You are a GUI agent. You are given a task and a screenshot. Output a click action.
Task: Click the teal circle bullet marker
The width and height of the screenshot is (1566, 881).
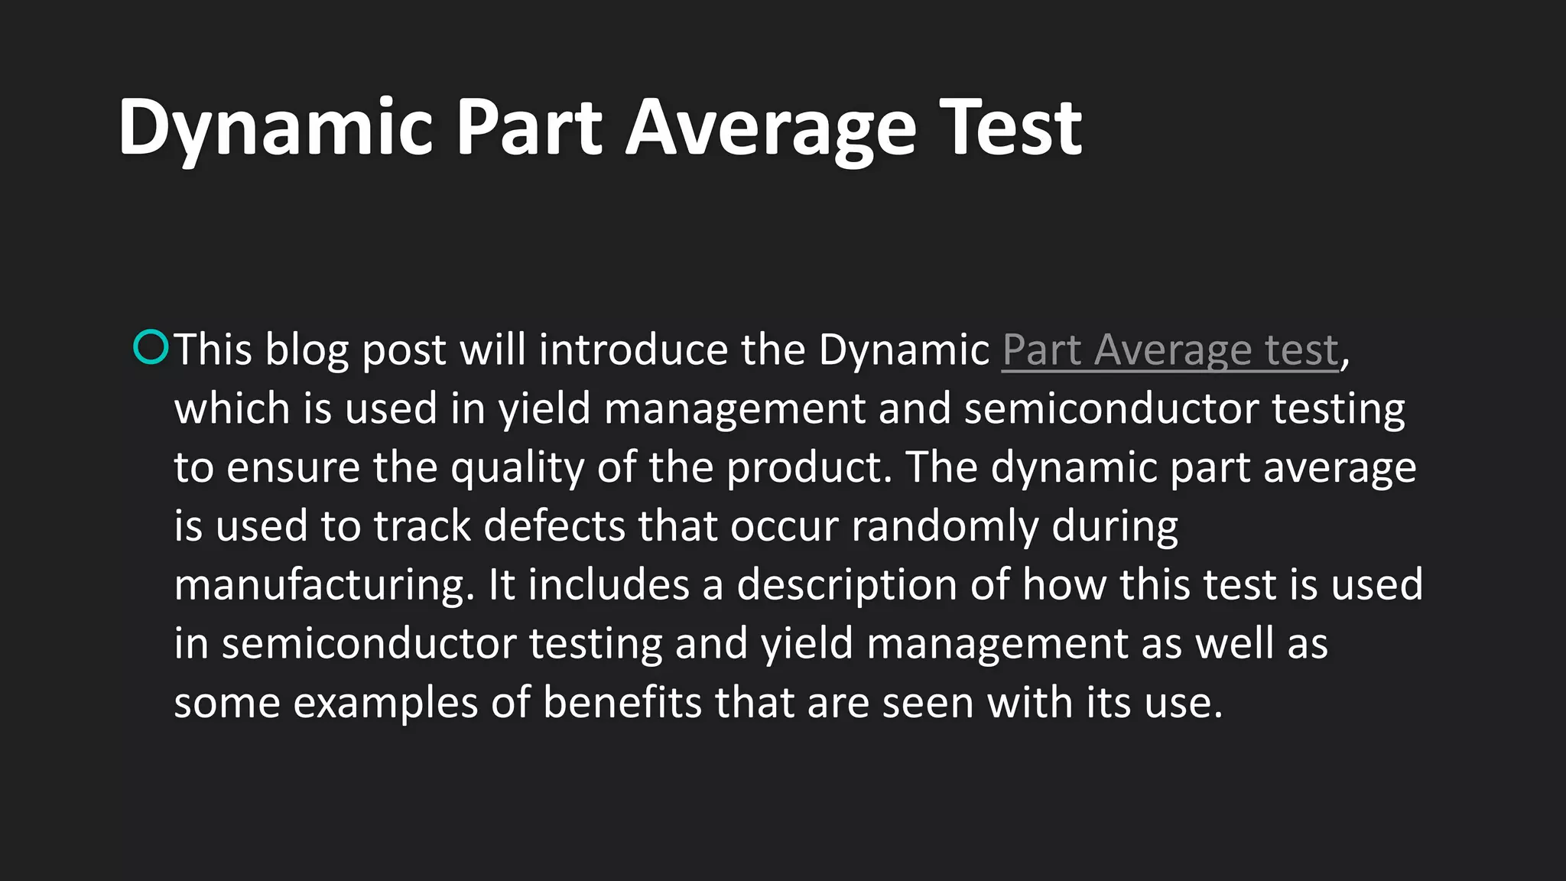[151, 346]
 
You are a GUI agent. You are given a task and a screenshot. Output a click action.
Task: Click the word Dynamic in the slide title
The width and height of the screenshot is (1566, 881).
[276, 128]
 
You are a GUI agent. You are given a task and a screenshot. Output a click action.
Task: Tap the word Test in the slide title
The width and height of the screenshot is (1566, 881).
[1010, 128]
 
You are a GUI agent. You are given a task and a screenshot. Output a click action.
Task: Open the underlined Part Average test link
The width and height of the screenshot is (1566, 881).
[1170, 350]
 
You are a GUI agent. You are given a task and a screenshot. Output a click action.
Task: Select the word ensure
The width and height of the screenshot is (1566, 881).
[294, 467]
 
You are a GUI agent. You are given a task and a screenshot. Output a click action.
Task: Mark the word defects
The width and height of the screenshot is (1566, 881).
[555, 526]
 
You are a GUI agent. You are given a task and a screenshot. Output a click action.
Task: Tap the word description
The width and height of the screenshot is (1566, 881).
[846, 585]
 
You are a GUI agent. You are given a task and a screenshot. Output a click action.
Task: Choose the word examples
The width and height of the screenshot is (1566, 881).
[385, 703]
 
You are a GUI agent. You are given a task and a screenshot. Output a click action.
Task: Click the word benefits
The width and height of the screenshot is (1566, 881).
[622, 703]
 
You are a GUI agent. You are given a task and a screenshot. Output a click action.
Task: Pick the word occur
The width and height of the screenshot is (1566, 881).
[785, 526]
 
